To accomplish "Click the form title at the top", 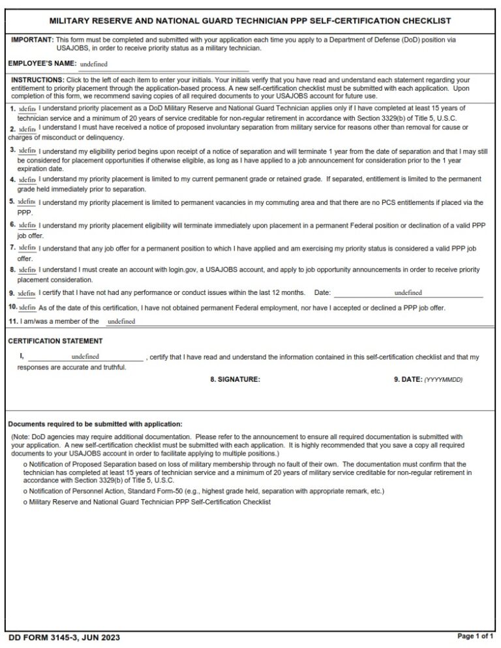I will tap(250, 21).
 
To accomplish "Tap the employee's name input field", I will tap(163, 65).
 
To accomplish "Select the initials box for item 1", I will tap(27, 108).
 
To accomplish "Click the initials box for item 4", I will tap(27, 179).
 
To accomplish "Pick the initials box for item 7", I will tap(27, 248).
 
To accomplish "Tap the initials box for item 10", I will tap(27, 307).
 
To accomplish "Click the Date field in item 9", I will tap(408, 293).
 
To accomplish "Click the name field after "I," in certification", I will tap(85, 357).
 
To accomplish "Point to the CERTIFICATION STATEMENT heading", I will tap(55, 341).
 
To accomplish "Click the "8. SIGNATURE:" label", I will tap(235, 379).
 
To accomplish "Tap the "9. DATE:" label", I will tap(408, 379).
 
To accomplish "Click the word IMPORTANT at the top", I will tap(33, 40).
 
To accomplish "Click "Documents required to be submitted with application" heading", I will tap(95, 424).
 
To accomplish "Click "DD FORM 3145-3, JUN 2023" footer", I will tap(64, 637).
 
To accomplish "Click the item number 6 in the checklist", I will tap(12, 224).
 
